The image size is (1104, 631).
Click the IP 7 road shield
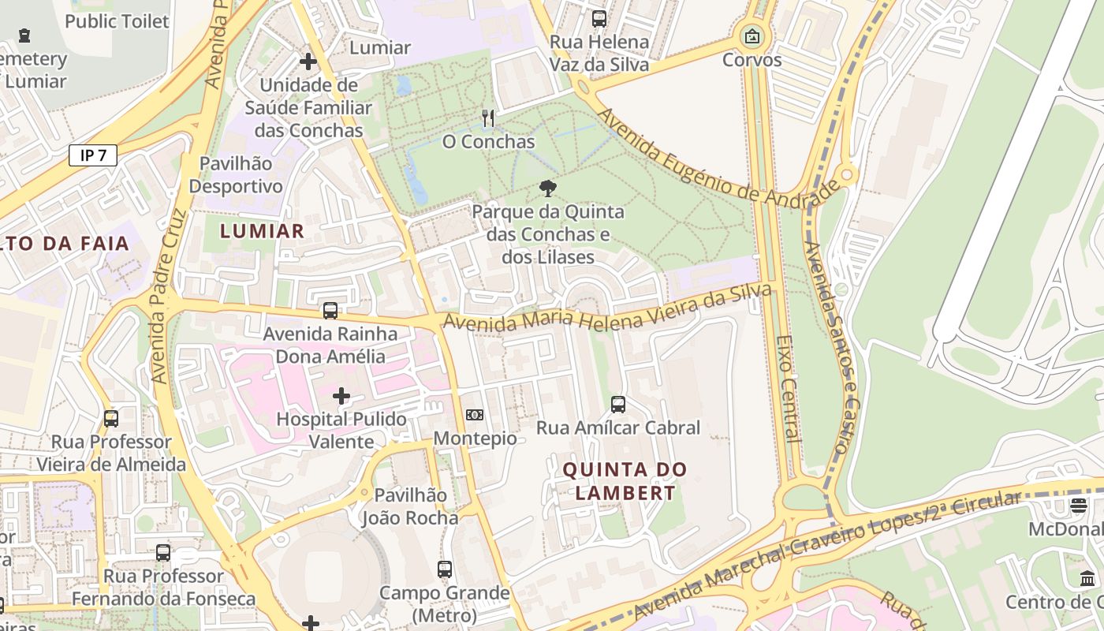coord(93,155)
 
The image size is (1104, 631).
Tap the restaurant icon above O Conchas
coord(488,119)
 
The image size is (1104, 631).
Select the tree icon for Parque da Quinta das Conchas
coord(547,189)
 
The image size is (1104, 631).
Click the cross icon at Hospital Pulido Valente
coord(341,395)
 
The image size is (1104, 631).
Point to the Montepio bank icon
coord(475,415)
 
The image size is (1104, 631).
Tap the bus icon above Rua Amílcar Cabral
coord(618,405)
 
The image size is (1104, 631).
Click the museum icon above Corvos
coord(752,35)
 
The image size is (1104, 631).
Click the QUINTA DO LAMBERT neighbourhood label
coord(625,481)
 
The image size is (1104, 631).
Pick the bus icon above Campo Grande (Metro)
coord(445,569)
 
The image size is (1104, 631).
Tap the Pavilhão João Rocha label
coord(410,506)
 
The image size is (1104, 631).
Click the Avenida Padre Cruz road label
coord(169,296)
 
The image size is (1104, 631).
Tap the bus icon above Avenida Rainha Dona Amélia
coord(330,311)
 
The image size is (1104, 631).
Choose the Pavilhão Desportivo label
coord(235,175)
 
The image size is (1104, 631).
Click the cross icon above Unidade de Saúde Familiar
coord(308,61)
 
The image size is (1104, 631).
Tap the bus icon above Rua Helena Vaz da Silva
coord(599,19)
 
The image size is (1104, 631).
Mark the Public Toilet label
coord(117,21)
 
